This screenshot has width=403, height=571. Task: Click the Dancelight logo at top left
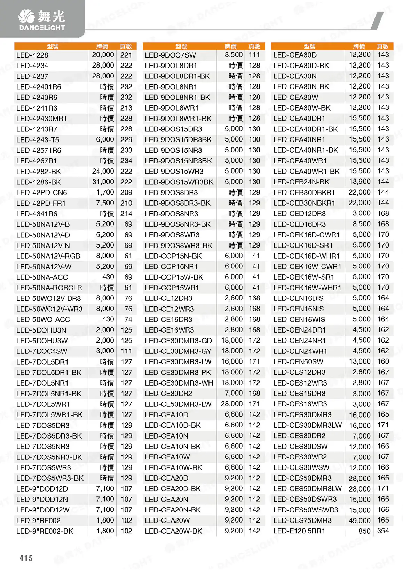click(x=42, y=20)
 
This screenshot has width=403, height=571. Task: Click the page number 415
click(x=26, y=558)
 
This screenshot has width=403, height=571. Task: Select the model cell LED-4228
click(x=32, y=55)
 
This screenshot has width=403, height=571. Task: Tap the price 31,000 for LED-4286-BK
click(x=103, y=182)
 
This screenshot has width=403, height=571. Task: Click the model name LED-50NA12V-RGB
click(x=48, y=256)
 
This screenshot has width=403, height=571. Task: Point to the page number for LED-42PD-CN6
click(x=126, y=192)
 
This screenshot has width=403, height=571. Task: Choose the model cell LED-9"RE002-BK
click(x=45, y=531)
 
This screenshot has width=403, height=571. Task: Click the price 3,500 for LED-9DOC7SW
click(x=234, y=55)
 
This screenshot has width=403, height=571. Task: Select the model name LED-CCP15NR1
click(x=171, y=266)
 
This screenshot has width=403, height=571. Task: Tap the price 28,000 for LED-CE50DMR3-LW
click(x=232, y=404)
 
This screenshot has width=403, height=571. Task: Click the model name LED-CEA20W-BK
click(x=173, y=531)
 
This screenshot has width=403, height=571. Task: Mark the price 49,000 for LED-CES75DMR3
click(x=359, y=520)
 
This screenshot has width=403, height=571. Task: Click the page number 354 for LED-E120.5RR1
click(x=383, y=531)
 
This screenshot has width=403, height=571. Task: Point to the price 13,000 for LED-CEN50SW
click(x=359, y=361)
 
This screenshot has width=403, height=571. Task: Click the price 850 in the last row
click(x=364, y=531)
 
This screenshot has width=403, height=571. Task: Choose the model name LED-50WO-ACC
click(x=43, y=319)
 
